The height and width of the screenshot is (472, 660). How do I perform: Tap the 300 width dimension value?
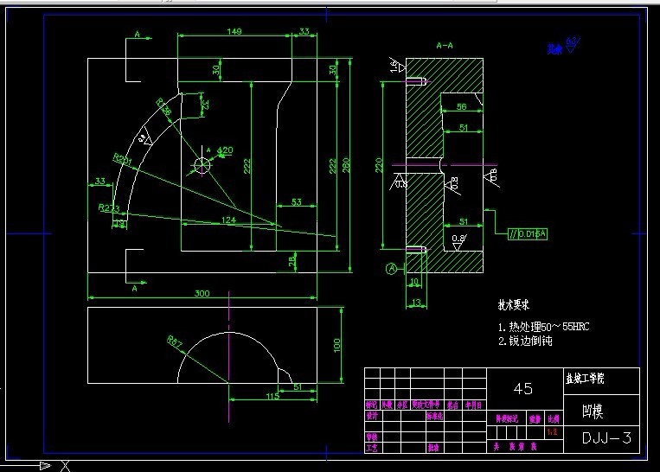(x=202, y=294)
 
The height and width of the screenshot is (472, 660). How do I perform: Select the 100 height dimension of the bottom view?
(x=337, y=345)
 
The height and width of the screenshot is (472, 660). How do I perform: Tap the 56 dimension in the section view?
(x=462, y=106)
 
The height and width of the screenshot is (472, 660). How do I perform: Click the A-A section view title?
(x=445, y=44)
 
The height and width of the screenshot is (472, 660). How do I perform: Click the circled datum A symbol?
(x=391, y=269)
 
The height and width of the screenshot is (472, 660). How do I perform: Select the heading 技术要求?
(x=512, y=305)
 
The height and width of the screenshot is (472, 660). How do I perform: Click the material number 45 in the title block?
(x=523, y=389)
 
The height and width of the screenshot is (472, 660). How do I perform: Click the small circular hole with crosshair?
(x=202, y=164)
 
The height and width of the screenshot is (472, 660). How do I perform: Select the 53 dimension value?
(x=296, y=201)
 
